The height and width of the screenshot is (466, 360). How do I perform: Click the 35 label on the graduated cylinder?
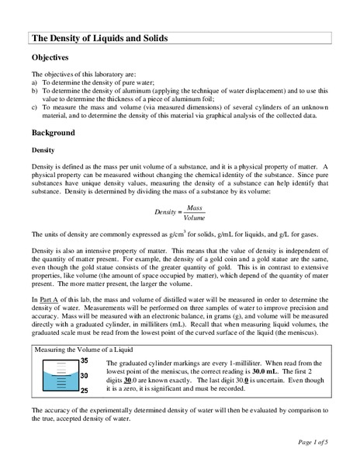point(85,361)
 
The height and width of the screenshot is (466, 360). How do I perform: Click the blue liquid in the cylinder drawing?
point(59,381)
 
